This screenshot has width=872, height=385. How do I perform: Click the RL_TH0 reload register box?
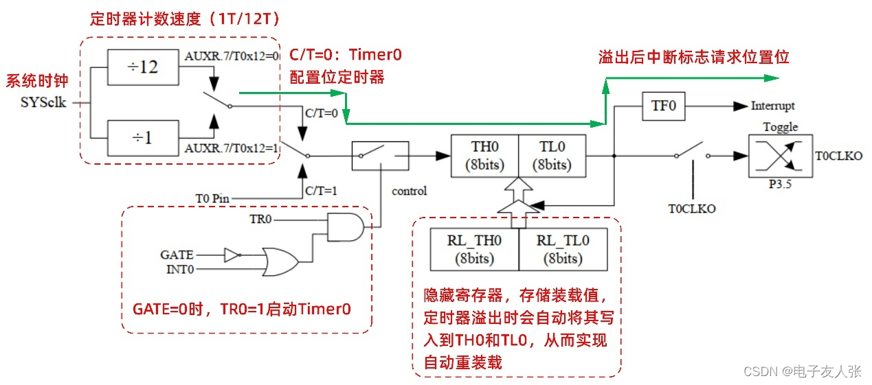(x=474, y=249)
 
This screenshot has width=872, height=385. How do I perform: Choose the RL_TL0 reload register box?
(x=563, y=249)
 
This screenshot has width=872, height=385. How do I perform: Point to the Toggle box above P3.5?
(x=780, y=156)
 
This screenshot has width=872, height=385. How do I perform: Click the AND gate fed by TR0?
(x=344, y=226)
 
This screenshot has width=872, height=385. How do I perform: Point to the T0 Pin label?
(x=212, y=198)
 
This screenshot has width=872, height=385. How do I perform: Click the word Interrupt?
(x=772, y=106)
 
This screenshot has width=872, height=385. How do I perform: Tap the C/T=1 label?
(x=321, y=190)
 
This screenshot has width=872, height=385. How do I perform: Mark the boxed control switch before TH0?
(x=380, y=156)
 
